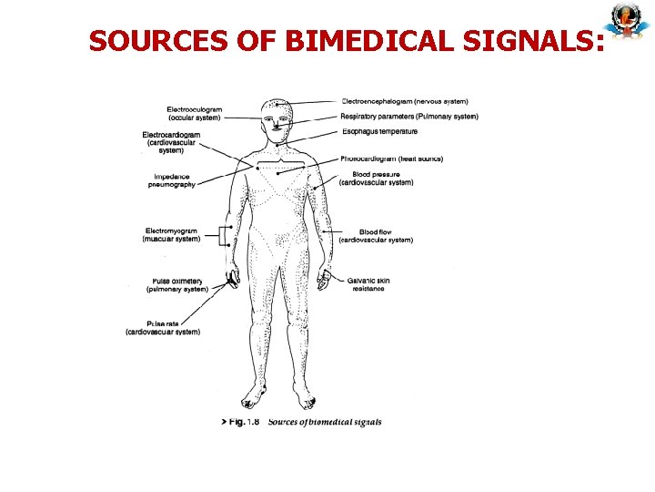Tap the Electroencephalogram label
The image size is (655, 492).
(405, 101)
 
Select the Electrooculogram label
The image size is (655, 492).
(195, 114)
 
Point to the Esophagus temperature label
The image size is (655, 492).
(380, 131)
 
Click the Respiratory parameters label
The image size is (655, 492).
(409, 117)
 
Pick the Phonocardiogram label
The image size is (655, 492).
(392, 159)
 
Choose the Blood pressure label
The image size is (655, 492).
(376, 178)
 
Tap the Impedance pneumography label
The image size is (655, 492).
(172, 180)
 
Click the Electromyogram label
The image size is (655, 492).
(171, 235)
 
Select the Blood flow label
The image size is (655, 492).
(376, 236)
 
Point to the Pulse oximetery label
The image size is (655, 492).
(176, 284)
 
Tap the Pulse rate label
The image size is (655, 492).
(164, 328)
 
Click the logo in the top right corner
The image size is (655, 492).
(625, 22)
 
